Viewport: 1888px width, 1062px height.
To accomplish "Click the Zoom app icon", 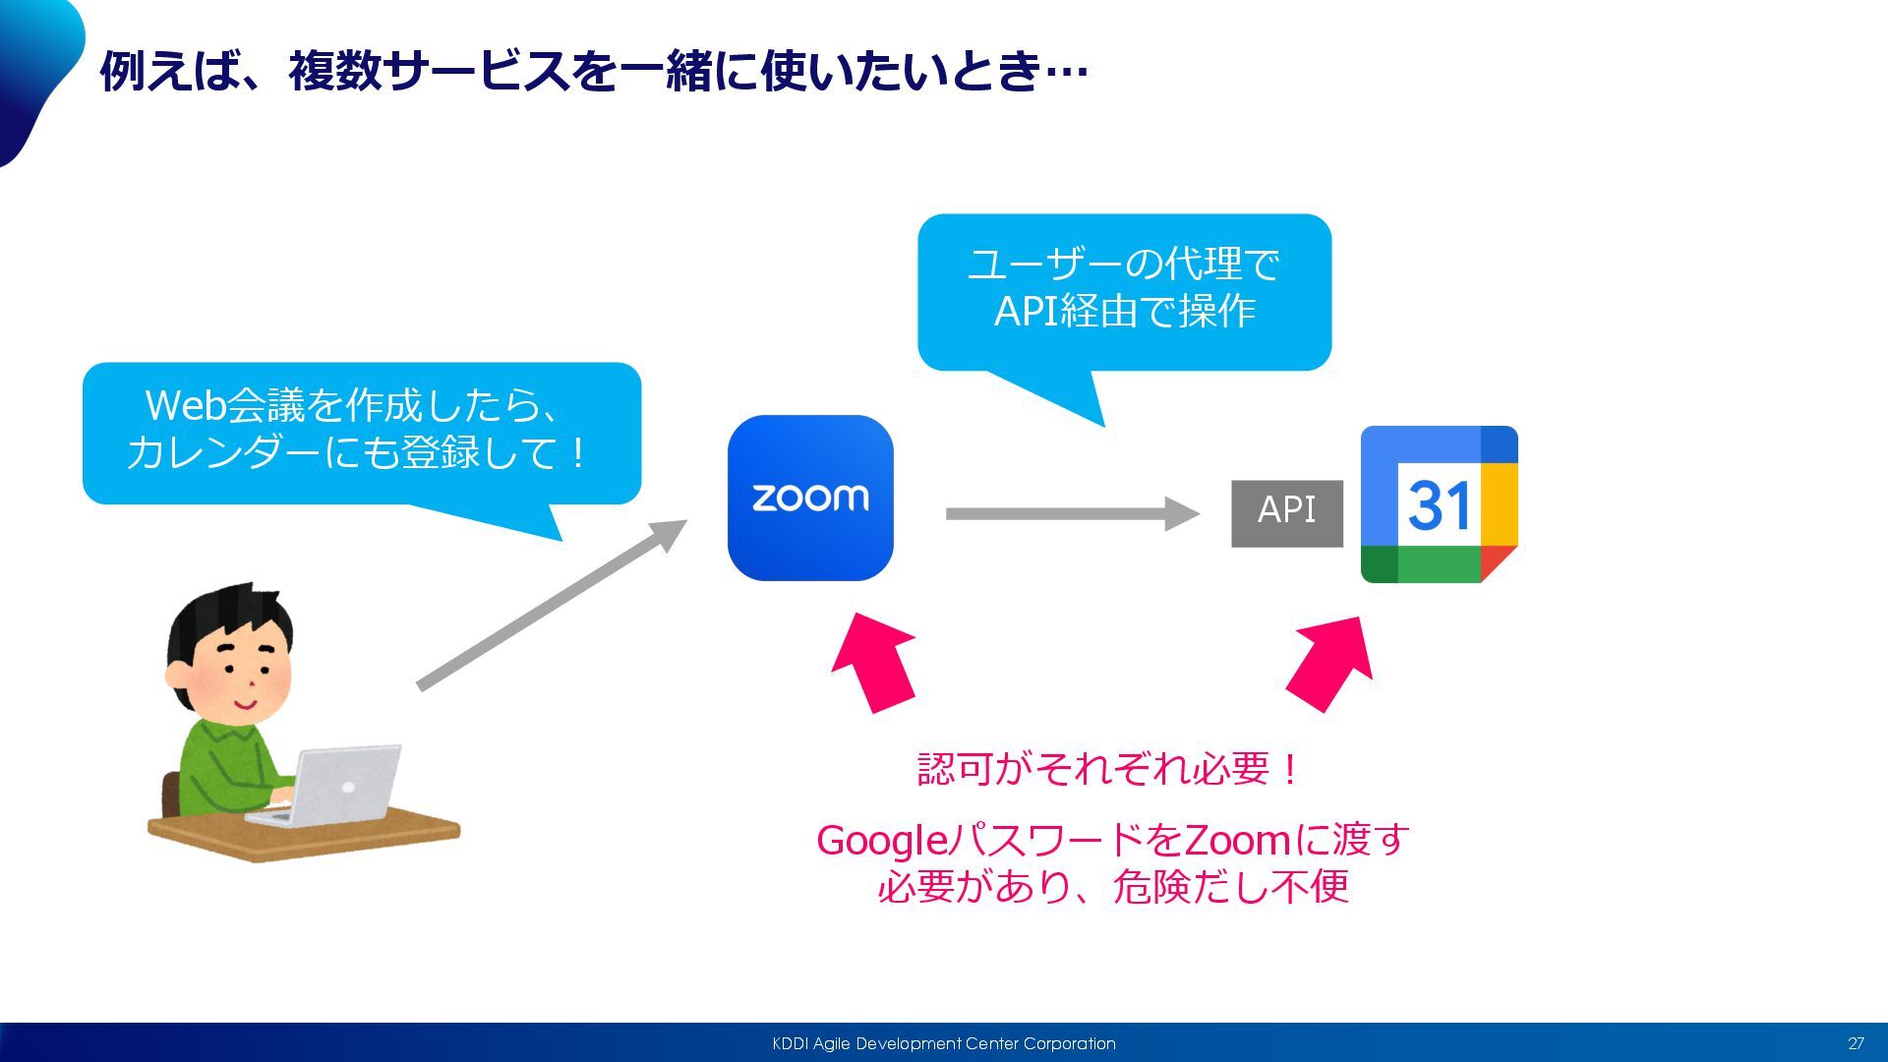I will click(810, 498).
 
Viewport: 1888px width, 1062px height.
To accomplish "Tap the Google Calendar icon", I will click(1439, 504).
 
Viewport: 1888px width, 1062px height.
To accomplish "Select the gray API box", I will click(1286, 512).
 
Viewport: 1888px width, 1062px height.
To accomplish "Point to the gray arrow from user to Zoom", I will click(551, 606).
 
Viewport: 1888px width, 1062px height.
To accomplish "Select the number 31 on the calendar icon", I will click(1439, 506).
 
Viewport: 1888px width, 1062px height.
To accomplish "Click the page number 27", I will click(1856, 1043).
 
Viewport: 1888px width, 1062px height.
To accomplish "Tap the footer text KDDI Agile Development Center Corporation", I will click(943, 1043).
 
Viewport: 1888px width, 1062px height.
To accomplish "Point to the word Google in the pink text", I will click(881, 841).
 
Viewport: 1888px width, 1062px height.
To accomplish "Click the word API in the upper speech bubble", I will click(1025, 312).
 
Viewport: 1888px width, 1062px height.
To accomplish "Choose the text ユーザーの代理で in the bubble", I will click(1123, 264).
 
